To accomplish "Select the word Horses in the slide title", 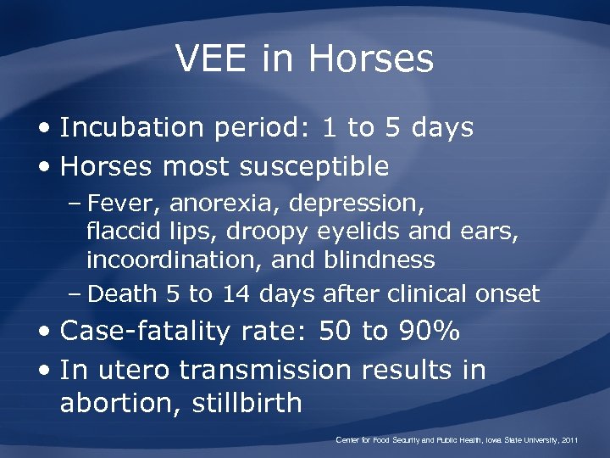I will click(x=371, y=59).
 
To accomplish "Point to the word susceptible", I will click(x=313, y=167).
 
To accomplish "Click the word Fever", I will click(x=126, y=204).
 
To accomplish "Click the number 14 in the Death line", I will click(x=235, y=294).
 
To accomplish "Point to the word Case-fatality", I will click(x=145, y=332).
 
